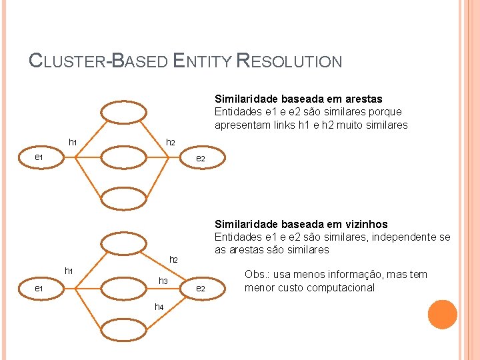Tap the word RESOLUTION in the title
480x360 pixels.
(x=290, y=61)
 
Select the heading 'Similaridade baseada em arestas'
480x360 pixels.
(x=298, y=99)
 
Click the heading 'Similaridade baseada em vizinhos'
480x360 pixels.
(x=301, y=224)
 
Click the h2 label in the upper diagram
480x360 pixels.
(x=171, y=143)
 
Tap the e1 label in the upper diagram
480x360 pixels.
(x=39, y=157)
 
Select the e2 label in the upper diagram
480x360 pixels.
(x=199, y=159)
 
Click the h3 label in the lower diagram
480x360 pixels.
(x=163, y=281)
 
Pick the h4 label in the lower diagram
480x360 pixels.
(x=159, y=307)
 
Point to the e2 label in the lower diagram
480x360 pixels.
(x=199, y=288)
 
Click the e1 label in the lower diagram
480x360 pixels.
(x=39, y=288)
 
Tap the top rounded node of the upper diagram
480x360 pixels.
(x=123, y=113)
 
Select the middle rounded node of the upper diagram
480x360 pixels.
(x=123, y=157)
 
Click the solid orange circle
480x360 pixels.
(x=443, y=315)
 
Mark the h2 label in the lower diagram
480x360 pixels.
(x=174, y=259)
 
